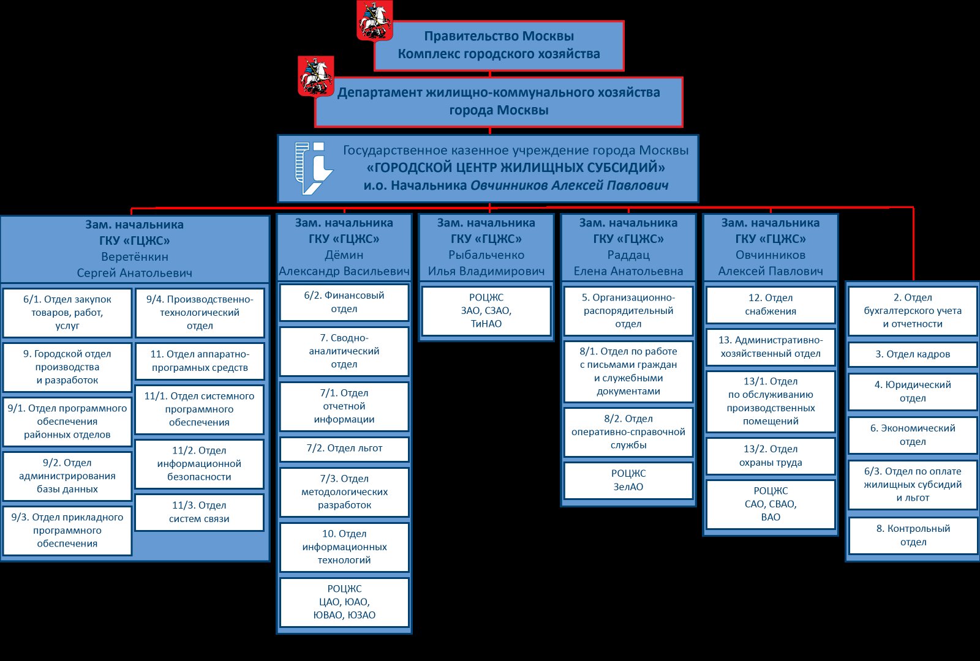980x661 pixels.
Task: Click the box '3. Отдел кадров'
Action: click(913, 354)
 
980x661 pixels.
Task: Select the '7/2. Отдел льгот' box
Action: click(344, 449)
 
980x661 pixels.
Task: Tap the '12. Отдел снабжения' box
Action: click(771, 305)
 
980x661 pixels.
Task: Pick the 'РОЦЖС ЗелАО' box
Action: click(628, 480)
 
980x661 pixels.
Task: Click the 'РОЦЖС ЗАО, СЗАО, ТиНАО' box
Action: click(486, 311)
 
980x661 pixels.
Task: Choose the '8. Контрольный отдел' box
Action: click(913, 535)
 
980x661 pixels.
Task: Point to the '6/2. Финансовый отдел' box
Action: click(344, 302)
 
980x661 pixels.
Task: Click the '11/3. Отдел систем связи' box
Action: click(200, 512)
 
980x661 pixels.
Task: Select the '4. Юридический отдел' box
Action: click(913, 391)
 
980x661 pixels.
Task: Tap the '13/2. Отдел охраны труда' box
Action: click(771, 456)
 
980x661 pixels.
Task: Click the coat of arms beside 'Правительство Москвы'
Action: click(374, 21)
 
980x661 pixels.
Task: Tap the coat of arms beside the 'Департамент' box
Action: click(315, 76)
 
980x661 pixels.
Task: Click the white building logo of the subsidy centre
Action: click(313, 168)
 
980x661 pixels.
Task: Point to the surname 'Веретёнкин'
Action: click(135, 256)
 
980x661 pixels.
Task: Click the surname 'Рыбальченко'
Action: click(486, 255)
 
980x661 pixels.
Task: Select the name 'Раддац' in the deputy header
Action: click(628, 255)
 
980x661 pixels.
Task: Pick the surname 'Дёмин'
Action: click(344, 255)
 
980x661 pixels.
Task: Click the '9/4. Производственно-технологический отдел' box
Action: click(200, 313)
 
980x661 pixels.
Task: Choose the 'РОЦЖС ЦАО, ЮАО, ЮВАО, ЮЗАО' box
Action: click(344, 602)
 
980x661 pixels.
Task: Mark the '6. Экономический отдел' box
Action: click(913, 435)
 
